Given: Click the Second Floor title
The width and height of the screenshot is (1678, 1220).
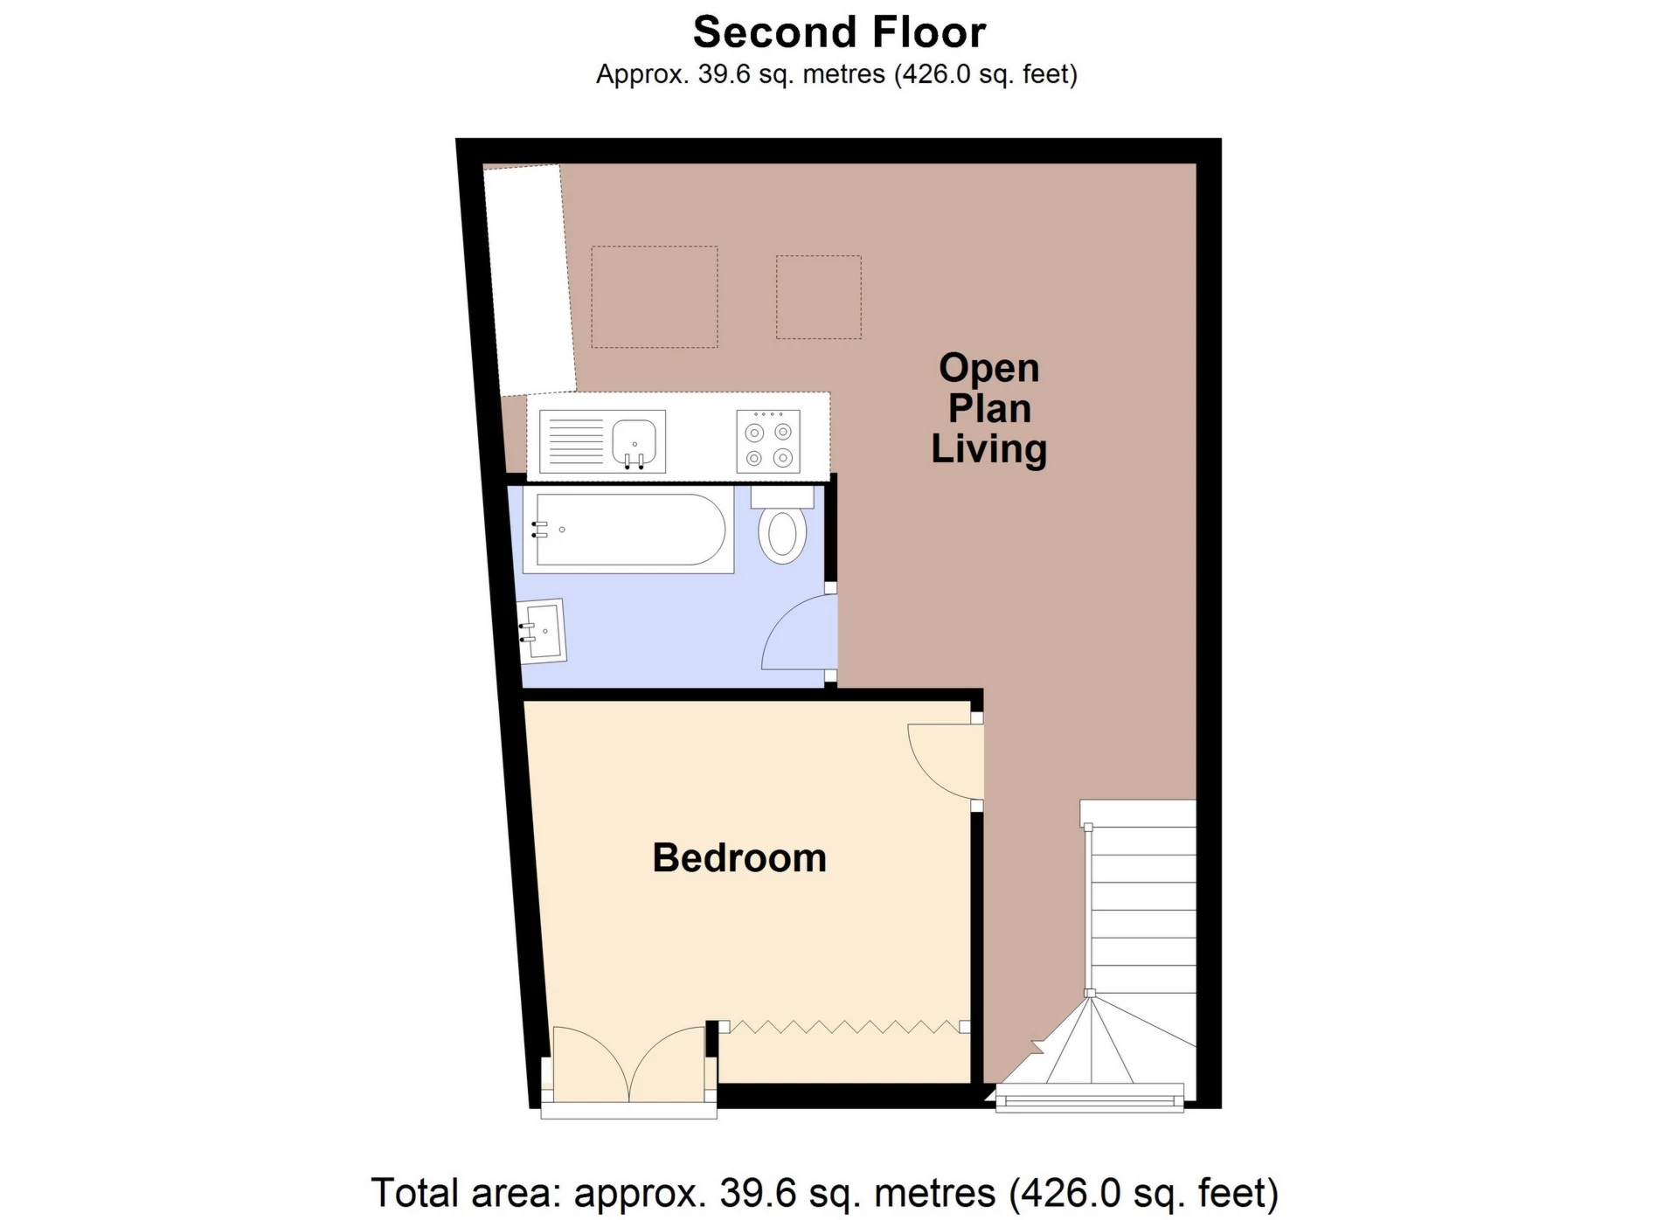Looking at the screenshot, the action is click(839, 32).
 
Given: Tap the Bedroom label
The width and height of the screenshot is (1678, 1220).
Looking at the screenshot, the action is click(739, 858).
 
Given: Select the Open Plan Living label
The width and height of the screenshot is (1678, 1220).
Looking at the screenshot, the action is click(988, 408).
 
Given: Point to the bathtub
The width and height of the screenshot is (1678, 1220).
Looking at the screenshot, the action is click(628, 530).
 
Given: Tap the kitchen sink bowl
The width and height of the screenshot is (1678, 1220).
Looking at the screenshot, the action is click(634, 442).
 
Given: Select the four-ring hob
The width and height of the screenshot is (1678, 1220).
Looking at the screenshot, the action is click(768, 442).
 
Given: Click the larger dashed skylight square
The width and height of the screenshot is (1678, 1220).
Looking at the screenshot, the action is click(655, 297).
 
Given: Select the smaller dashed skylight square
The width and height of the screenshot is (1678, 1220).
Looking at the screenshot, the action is click(819, 297).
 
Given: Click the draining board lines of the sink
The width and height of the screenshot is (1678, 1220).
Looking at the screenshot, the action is click(573, 442).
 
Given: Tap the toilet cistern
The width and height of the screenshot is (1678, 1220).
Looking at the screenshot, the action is click(782, 497).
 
